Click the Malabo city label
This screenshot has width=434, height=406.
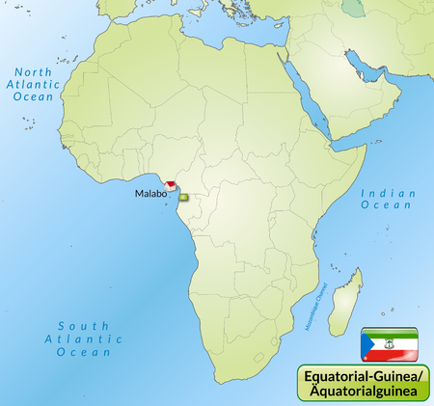pos(150,193)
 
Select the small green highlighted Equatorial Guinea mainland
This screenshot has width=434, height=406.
pos(184,197)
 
